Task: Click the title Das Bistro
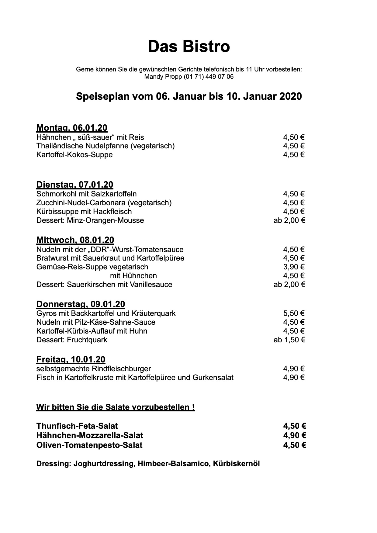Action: point(188,47)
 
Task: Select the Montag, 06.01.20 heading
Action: point(72,128)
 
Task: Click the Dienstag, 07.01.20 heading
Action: point(75,185)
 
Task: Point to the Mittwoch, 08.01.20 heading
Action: point(75,240)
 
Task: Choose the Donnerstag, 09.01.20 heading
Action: point(81,304)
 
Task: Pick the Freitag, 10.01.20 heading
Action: point(71,359)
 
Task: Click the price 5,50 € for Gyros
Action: point(294,313)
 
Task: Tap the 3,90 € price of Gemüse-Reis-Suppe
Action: point(294,267)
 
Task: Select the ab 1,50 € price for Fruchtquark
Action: point(289,340)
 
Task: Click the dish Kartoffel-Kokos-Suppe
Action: point(74,155)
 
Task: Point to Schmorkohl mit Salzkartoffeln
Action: point(86,194)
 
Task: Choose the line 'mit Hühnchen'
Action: point(133,276)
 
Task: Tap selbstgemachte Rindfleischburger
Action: point(94,369)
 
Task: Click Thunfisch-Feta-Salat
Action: point(77,426)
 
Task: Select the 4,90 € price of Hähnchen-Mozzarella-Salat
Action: point(294,435)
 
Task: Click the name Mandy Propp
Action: point(163,77)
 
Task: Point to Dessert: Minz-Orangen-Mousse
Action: point(90,220)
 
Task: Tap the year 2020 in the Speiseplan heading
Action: point(290,96)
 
